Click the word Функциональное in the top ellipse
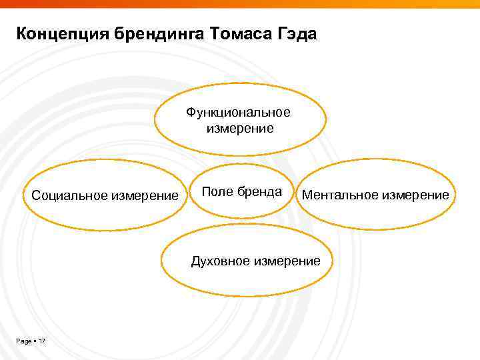[x=238, y=112]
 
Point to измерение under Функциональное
[x=238, y=128]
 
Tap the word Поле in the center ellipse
[x=215, y=192]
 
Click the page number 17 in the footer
[x=42, y=341]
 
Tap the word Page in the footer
[x=24, y=341]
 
